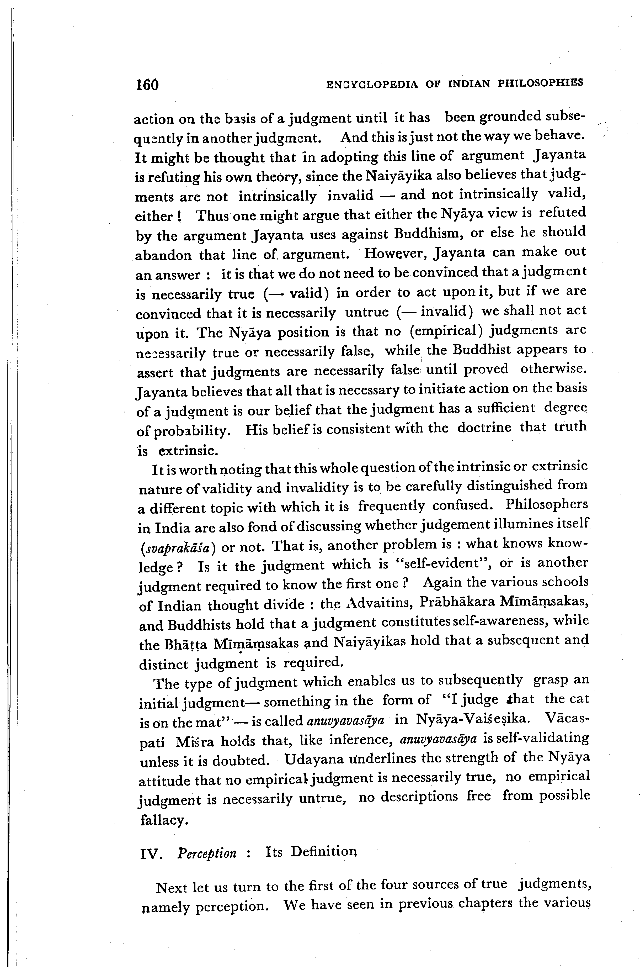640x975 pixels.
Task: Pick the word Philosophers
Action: click(547, 505)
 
